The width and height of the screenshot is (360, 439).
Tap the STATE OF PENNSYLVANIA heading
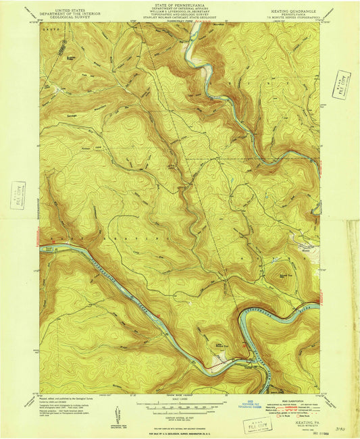coord(179,4)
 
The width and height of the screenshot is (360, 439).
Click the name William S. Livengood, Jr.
coord(179,11)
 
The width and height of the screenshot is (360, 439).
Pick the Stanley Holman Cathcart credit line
coord(179,19)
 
